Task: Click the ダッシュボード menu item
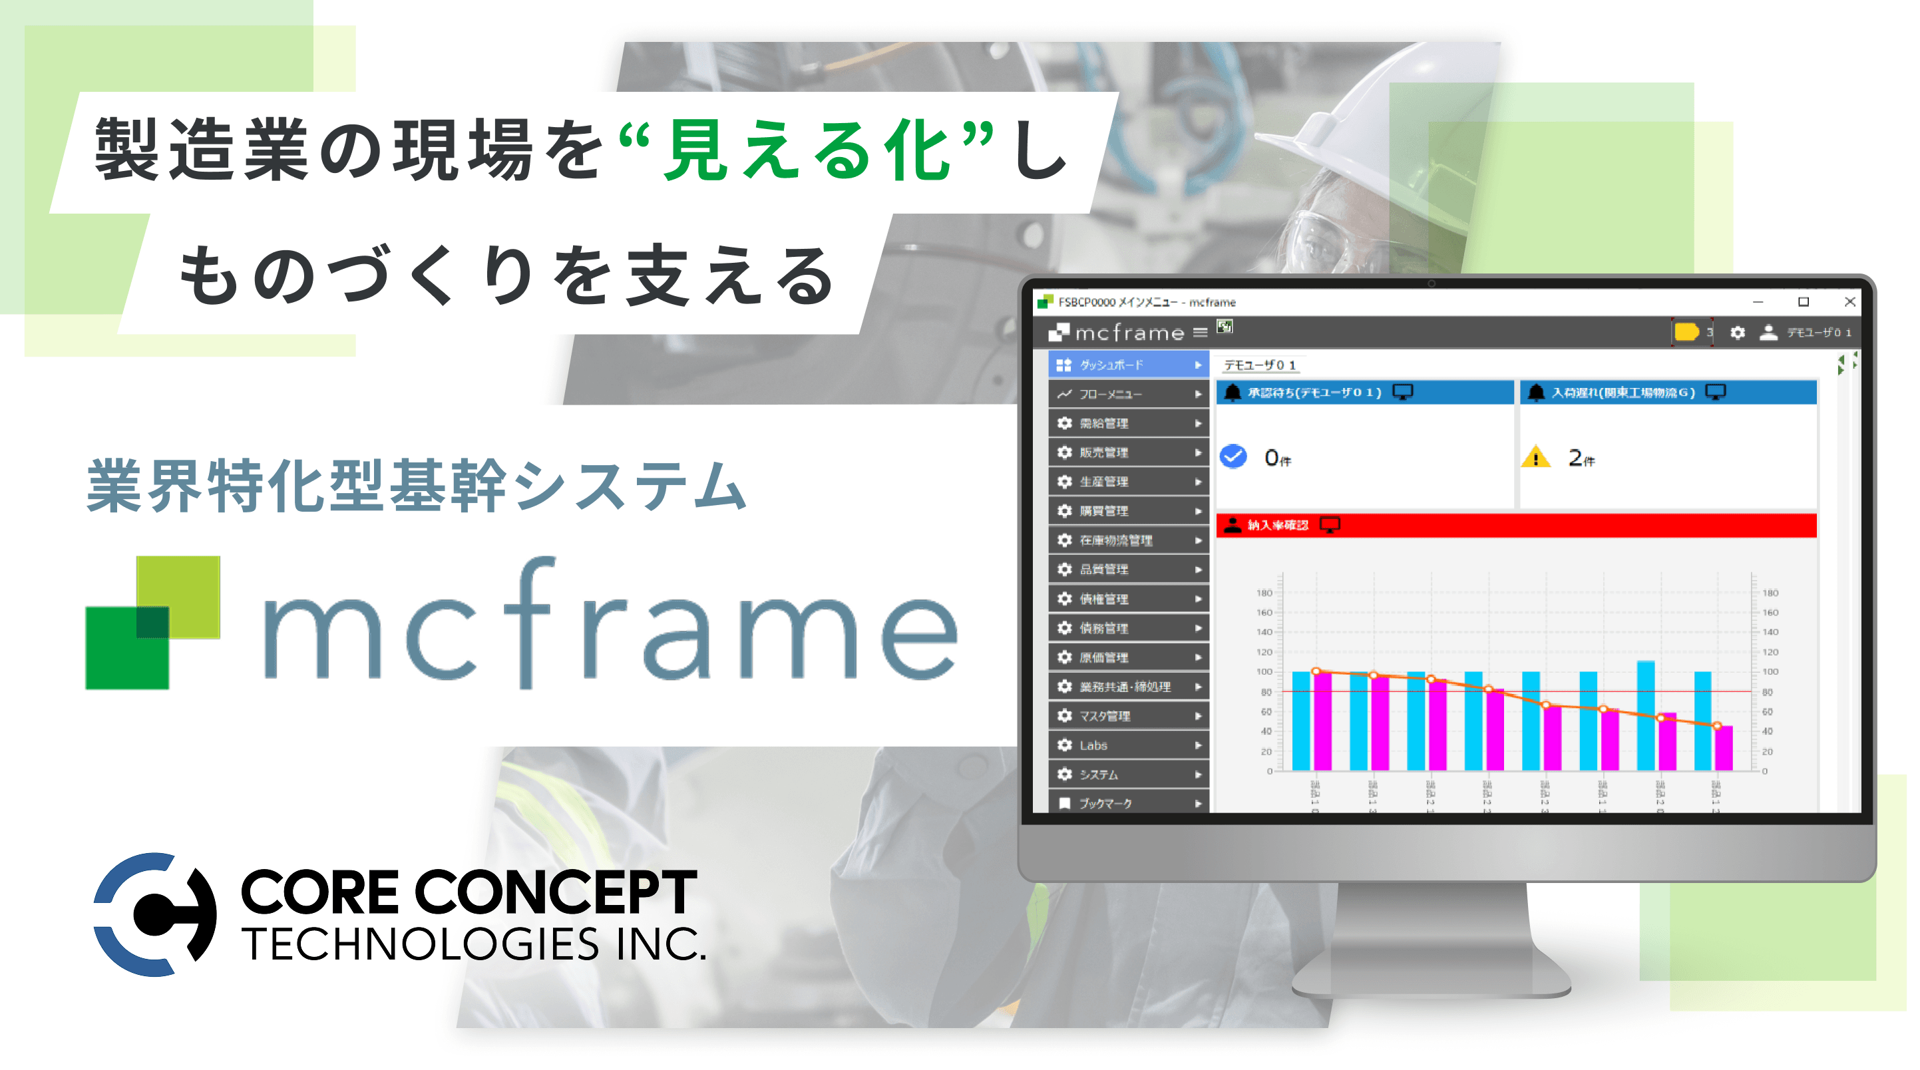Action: coord(1127,365)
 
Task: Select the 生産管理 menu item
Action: coord(1127,482)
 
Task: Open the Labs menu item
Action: coord(1127,745)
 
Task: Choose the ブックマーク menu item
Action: coord(1127,803)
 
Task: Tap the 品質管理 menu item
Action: coord(1127,570)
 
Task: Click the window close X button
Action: coord(1849,302)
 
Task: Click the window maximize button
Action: coord(1803,302)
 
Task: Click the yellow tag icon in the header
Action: coord(1685,331)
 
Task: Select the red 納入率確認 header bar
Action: coord(1515,525)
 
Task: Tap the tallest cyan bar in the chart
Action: coord(1645,715)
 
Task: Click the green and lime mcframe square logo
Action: coord(153,623)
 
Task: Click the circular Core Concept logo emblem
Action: coord(155,914)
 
